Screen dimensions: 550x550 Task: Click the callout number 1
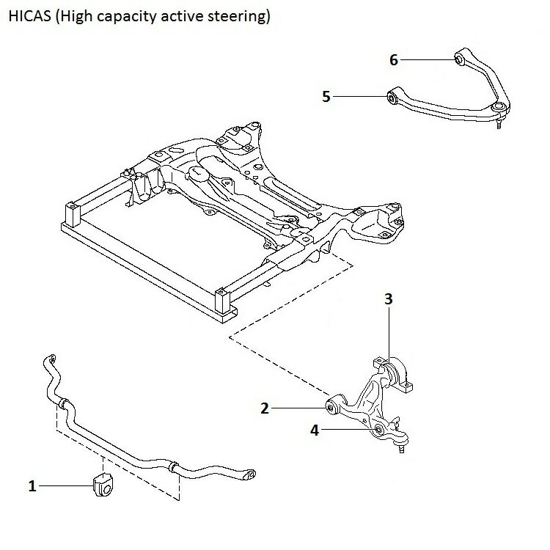(32, 486)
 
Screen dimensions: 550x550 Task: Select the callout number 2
(265, 408)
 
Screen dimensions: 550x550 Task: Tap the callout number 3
(389, 299)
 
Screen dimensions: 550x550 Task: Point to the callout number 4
(315, 430)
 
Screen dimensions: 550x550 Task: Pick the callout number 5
(326, 97)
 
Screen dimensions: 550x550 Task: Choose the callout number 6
(394, 60)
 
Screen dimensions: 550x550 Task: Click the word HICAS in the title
(30, 16)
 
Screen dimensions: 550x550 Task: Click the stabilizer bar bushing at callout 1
(103, 485)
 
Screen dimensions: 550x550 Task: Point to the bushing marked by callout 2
(331, 407)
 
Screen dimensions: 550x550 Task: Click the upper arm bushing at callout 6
(459, 59)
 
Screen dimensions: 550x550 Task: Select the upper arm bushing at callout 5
(392, 98)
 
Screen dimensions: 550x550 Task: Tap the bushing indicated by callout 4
(379, 430)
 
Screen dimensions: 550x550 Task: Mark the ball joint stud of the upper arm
(499, 124)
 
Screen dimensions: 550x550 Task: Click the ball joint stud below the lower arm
(402, 448)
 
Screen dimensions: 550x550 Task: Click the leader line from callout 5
(359, 97)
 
